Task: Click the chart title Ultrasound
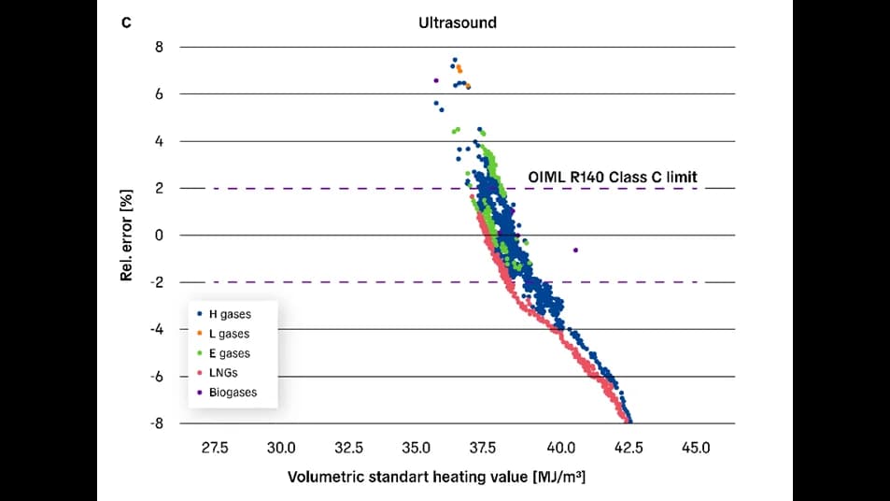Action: (458, 21)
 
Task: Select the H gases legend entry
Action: (229, 314)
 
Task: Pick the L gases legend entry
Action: (228, 334)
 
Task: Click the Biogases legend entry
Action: (233, 393)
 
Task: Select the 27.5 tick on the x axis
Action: (215, 448)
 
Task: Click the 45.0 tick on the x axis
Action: (696, 448)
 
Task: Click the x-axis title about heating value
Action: (436, 478)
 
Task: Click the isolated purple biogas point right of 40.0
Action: (575, 250)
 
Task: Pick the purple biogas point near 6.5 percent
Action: (436, 80)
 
